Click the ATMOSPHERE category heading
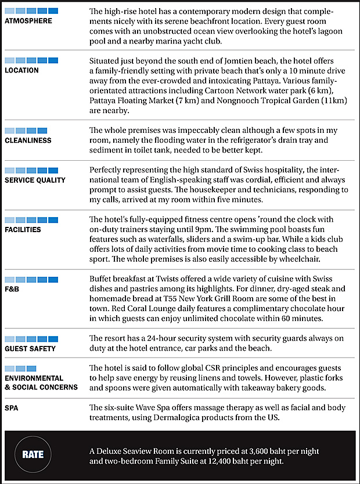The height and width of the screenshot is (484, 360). coord(28,21)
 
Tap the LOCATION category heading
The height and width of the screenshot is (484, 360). coord(21,70)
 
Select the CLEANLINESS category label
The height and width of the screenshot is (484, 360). coord(28,140)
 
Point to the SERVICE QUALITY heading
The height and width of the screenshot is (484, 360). coord(35,180)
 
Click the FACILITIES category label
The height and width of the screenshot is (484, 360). coord(23,229)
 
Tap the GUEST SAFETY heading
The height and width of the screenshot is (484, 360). coord(30,349)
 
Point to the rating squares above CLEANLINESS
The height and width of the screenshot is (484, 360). coord(26,131)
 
